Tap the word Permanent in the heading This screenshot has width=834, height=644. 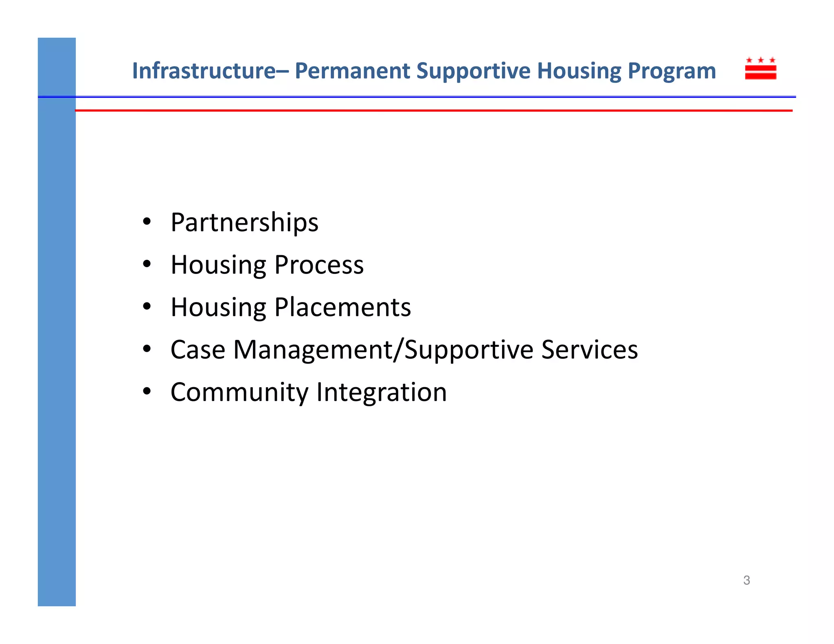point(352,70)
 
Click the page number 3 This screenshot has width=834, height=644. point(746,580)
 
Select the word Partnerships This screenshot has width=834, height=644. point(244,223)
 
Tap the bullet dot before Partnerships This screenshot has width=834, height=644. point(147,222)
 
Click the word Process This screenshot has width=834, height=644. point(319,265)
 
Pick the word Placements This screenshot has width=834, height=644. point(342,307)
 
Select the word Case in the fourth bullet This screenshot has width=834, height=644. point(198,350)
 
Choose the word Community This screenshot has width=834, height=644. point(239,392)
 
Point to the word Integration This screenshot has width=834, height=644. point(382,392)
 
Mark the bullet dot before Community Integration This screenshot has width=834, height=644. point(147,392)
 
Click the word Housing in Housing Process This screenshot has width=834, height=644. point(218,265)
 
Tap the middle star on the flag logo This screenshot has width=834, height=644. point(760,60)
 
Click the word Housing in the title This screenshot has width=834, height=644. point(579,71)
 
